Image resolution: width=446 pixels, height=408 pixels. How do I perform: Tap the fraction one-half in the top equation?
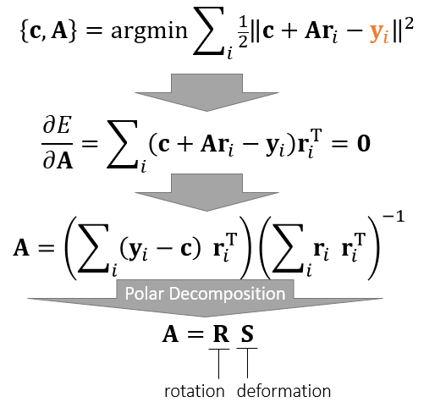[x=243, y=35]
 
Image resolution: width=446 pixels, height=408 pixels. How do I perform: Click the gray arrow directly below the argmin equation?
[x=206, y=92]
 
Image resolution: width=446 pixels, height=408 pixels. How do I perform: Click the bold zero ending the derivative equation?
[x=364, y=143]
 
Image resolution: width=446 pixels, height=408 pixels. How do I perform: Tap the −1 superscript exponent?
[x=394, y=217]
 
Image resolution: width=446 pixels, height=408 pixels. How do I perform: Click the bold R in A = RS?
[x=221, y=334]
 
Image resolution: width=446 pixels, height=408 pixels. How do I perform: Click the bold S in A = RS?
[x=247, y=334]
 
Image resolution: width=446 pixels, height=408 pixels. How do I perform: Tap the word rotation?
[x=195, y=391]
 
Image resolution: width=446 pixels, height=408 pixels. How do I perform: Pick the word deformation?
[x=284, y=390]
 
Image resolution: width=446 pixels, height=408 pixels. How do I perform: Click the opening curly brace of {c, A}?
[x=25, y=31]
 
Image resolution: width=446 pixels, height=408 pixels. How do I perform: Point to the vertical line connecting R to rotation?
[x=218, y=364]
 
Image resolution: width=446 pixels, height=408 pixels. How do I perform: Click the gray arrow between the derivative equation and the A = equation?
[x=206, y=192]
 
